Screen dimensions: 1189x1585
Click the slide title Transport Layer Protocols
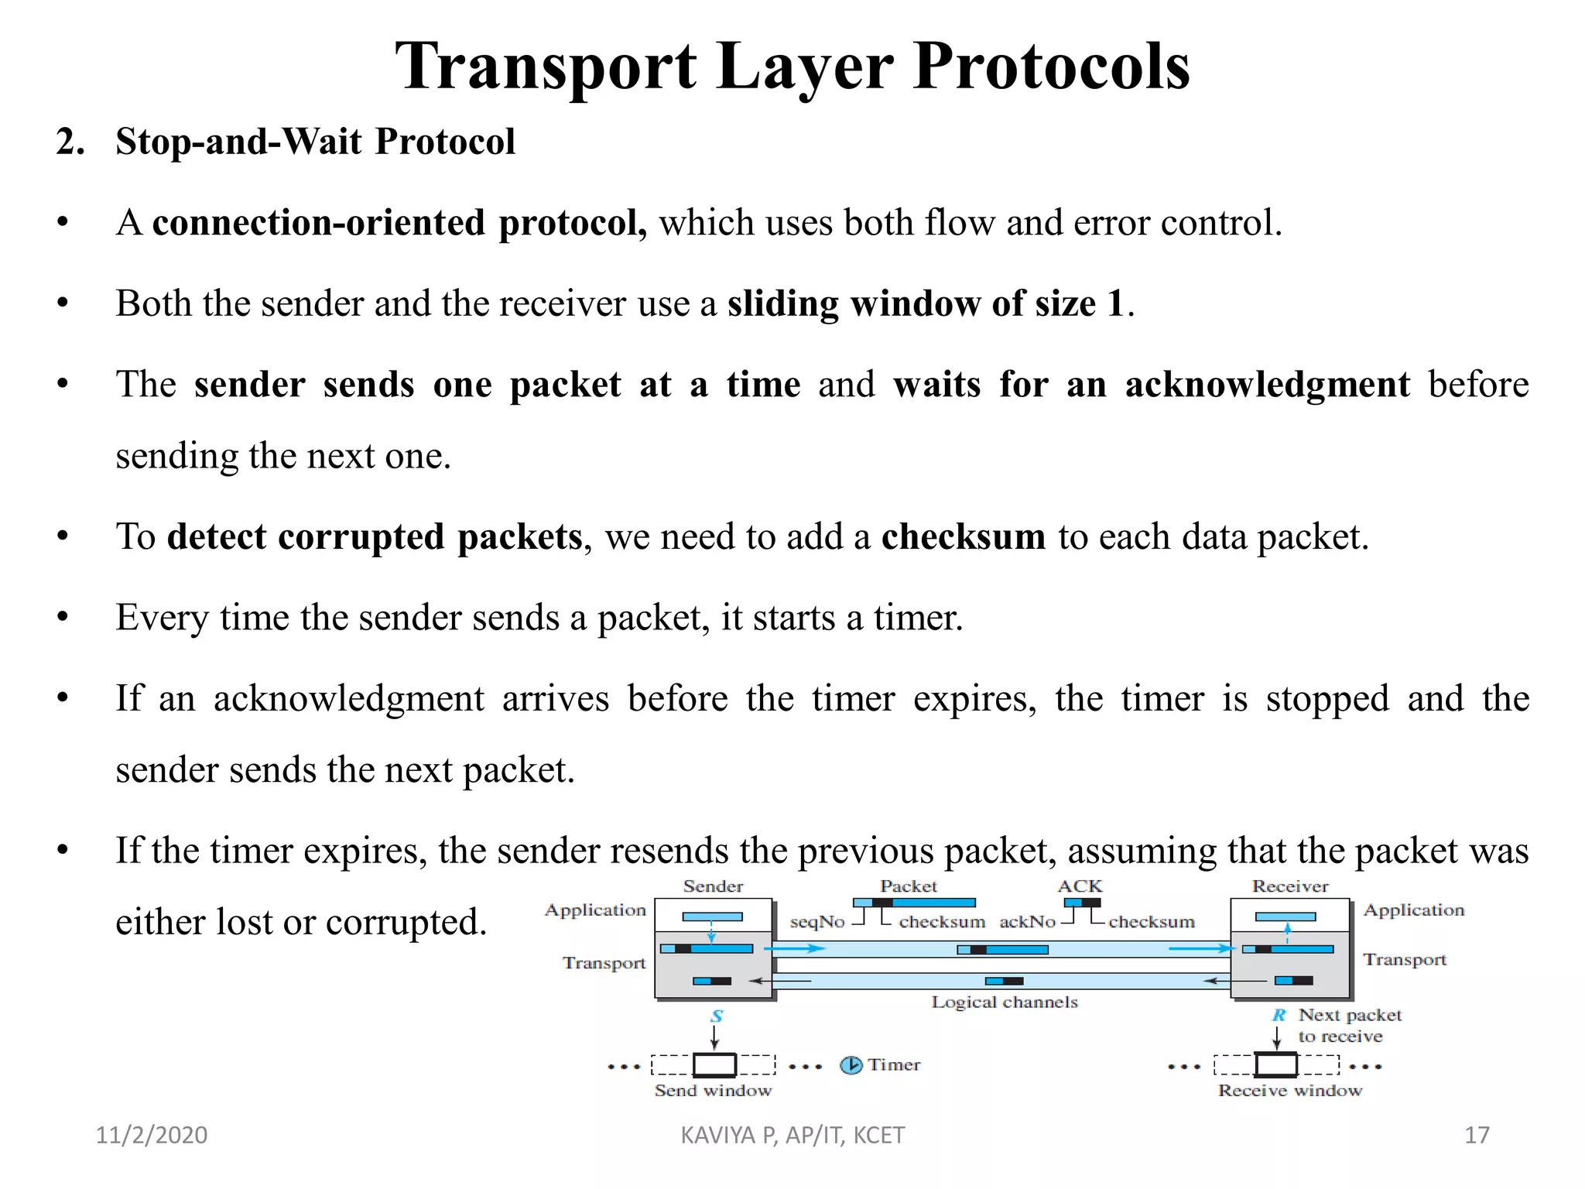[x=792, y=67]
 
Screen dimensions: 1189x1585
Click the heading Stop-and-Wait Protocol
[x=315, y=142]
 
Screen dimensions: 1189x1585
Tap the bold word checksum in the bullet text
[x=963, y=536]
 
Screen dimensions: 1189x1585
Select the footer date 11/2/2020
[x=152, y=1135]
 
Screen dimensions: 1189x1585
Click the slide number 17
[x=1477, y=1135]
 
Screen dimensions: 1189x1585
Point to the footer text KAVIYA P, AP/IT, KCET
[x=792, y=1135]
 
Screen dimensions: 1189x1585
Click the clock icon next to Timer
[x=851, y=1065]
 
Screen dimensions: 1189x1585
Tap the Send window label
[x=713, y=1091]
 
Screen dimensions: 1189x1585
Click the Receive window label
[x=1290, y=1091]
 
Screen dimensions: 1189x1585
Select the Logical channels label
[x=1005, y=1002]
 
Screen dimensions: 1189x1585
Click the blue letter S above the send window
[x=717, y=1016]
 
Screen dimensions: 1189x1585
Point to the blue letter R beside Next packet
[x=1279, y=1015]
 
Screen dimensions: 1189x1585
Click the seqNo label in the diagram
[x=817, y=922]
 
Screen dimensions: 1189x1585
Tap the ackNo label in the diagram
[x=1027, y=922]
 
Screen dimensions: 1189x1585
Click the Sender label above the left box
[x=713, y=886]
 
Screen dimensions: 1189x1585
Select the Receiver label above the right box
[x=1290, y=886]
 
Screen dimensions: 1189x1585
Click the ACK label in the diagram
[x=1080, y=886]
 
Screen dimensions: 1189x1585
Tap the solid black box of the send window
[x=714, y=1065]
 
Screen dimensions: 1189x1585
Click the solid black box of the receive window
[x=1275, y=1065]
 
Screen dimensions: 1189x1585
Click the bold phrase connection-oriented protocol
[x=399, y=223]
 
